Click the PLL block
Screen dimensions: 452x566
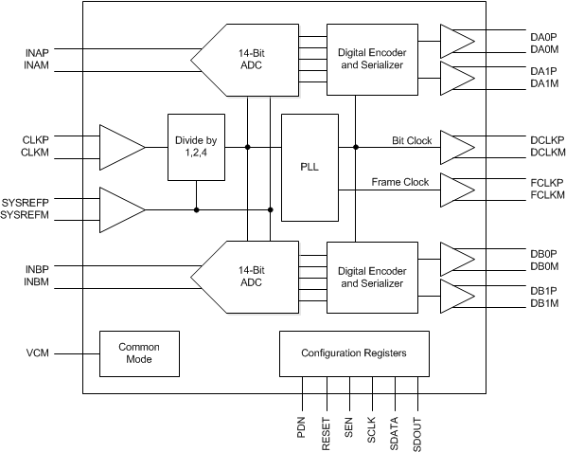(x=310, y=167)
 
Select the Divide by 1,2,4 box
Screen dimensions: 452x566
(x=197, y=147)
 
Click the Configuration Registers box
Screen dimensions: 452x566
(x=353, y=353)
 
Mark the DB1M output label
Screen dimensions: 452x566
(x=519, y=302)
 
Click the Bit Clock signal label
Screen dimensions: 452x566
(x=412, y=140)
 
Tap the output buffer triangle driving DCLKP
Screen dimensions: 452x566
(x=456, y=147)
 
